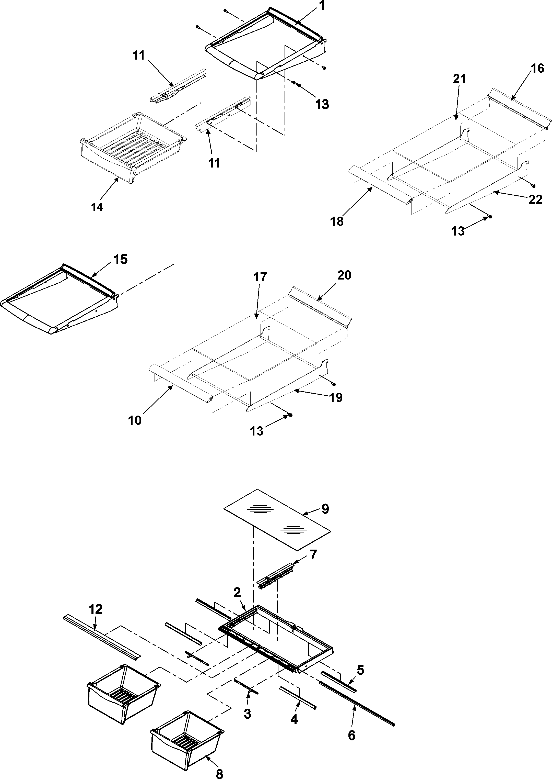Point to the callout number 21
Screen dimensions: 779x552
459,79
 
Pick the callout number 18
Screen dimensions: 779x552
337,221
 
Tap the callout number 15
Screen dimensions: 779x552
121,259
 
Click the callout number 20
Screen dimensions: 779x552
344,275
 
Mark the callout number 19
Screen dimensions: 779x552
336,397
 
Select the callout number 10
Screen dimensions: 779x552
135,421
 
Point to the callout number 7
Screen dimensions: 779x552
313,555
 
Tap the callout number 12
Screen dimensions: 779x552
96,609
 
